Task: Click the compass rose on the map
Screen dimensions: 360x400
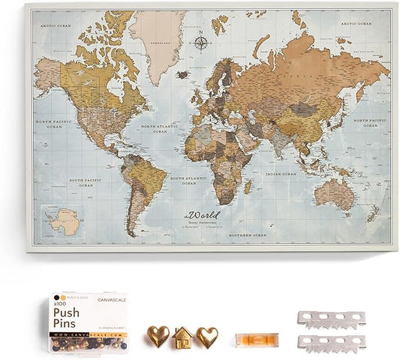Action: click(x=201, y=42)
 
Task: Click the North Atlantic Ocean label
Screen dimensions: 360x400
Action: click(x=158, y=129)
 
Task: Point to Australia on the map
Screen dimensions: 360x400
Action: click(x=335, y=194)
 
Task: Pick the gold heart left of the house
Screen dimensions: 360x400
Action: click(x=157, y=336)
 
